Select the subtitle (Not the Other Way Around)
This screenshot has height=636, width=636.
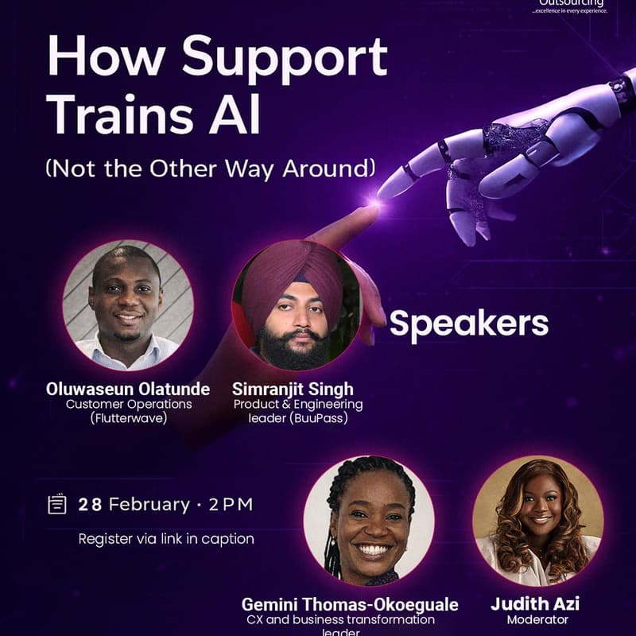click(210, 168)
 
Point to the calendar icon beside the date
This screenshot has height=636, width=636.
click(56, 504)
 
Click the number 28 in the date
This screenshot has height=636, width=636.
click(90, 504)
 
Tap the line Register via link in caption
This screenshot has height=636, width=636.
click(166, 538)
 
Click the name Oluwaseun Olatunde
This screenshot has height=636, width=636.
click(128, 389)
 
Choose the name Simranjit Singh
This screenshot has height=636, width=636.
click(293, 389)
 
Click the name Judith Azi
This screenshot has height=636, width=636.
click(534, 603)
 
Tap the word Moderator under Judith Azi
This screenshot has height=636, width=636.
click(537, 619)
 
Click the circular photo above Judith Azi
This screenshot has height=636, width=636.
click(537, 521)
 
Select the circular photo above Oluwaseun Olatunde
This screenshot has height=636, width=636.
click(128, 305)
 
